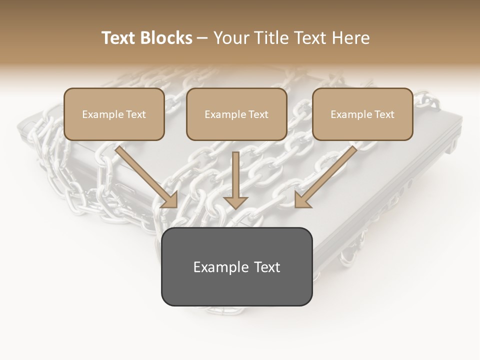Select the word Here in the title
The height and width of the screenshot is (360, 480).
coord(351,38)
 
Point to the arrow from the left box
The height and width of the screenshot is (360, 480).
coord(145,175)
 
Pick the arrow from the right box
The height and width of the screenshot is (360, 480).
coord(327,175)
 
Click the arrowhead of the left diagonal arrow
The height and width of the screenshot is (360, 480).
coord(170,200)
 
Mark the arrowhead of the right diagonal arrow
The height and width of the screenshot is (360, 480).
coord(302,200)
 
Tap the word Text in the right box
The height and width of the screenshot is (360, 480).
coord(384,114)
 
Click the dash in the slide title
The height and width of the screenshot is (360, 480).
coord(202,38)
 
